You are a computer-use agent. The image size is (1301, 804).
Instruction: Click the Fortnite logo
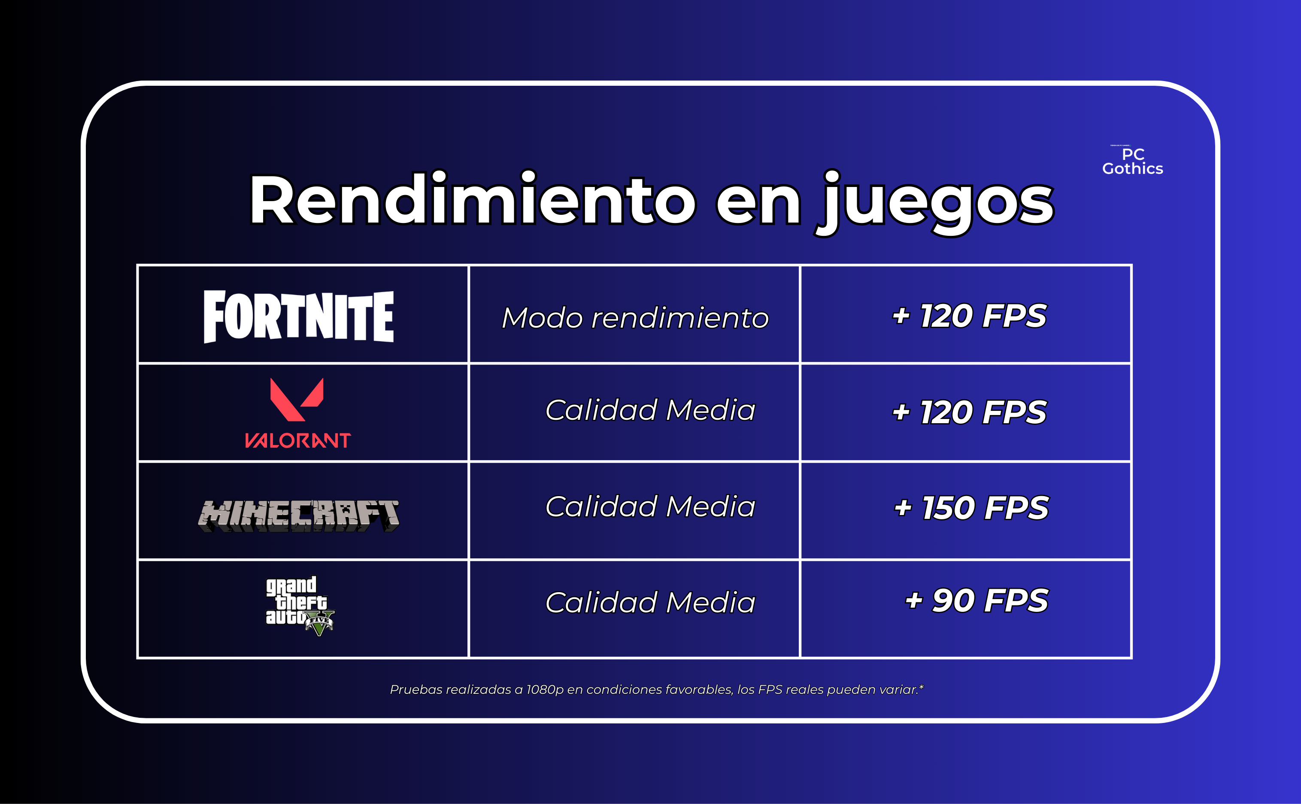(x=298, y=316)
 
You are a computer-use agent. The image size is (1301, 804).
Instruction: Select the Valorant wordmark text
(x=297, y=440)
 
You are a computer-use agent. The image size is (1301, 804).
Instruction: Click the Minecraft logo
(x=298, y=515)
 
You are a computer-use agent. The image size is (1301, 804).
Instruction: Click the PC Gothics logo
(x=1132, y=161)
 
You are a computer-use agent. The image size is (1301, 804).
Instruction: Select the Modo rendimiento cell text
(x=635, y=318)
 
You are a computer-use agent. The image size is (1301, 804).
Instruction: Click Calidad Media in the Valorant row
(x=650, y=410)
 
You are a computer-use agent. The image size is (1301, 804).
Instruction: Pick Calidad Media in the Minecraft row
(x=650, y=506)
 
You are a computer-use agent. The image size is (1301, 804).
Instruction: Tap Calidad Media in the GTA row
(x=650, y=602)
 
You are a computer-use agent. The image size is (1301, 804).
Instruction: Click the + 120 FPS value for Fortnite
(x=970, y=316)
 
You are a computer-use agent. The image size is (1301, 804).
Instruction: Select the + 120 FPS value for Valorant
(x=970, y=412)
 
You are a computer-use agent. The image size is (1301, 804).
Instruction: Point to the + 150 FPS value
(x=972, y=508)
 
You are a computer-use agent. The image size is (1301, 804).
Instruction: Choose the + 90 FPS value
(x=977, y=600)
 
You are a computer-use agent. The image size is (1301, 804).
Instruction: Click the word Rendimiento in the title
(x=473, y=199)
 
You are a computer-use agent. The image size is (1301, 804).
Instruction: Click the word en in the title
(x=758, y=205)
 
